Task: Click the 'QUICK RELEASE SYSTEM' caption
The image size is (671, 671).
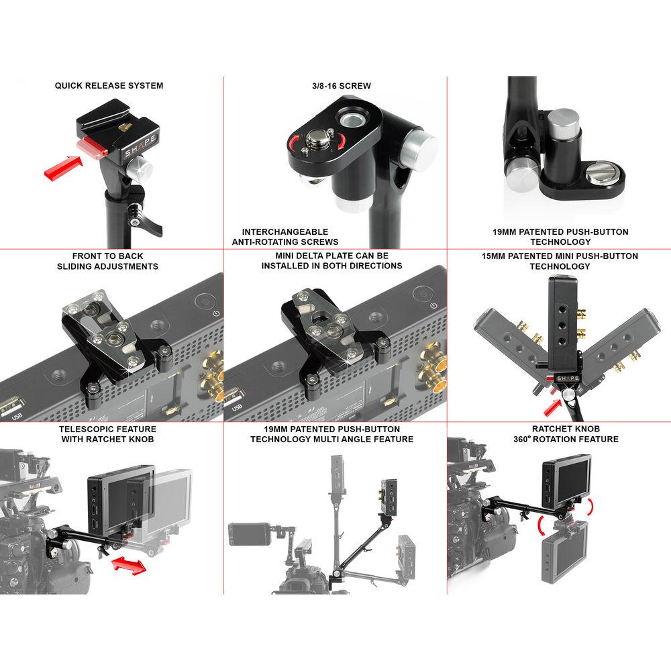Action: point(109,86)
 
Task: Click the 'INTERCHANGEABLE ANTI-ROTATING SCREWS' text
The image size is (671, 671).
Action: point(286,237)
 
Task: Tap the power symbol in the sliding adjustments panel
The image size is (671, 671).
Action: point(213,311)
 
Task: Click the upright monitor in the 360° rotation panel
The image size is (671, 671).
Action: point(566,480)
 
